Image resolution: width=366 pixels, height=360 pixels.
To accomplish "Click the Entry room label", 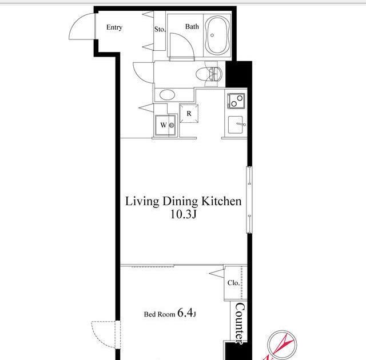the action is pyautogui.click(x=114, y=27).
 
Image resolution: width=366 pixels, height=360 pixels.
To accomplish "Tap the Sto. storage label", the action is pyautogui.click(x=160, y=29).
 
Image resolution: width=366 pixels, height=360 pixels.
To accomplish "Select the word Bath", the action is pyautogui.click(x=192, y=27).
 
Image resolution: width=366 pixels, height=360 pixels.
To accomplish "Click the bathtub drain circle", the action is pyautogui.click(x=212, y=35).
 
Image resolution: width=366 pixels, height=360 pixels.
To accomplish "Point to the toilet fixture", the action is pyautogui.click(x=209, y=74).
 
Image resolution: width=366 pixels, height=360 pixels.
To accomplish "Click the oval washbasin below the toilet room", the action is pyautogui.click(x=168, y=95).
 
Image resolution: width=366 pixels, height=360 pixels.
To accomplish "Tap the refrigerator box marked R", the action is pyautogui.click(x=189, y=114).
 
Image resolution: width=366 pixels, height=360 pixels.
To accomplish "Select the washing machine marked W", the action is pyautogui.click(x=165, y=125).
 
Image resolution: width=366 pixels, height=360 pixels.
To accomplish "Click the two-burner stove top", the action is pyautogui.click(x=236, y=101).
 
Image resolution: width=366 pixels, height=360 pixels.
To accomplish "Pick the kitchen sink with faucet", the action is pyautogui.click(x=236, y=125).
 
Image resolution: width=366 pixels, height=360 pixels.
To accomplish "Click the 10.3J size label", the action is pyautogui.click(x=184, y=214).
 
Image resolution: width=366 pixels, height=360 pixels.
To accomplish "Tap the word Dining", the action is pyautogui.click(x=181, y=202).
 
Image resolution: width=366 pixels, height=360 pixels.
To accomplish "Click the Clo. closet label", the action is pyautogui.click(x=233, y=283).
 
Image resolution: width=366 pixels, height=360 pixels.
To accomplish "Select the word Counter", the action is pyautogui.click(x=240, y=323).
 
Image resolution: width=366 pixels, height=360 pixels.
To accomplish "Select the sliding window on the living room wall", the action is pyautogui.click(x=249, y=200).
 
